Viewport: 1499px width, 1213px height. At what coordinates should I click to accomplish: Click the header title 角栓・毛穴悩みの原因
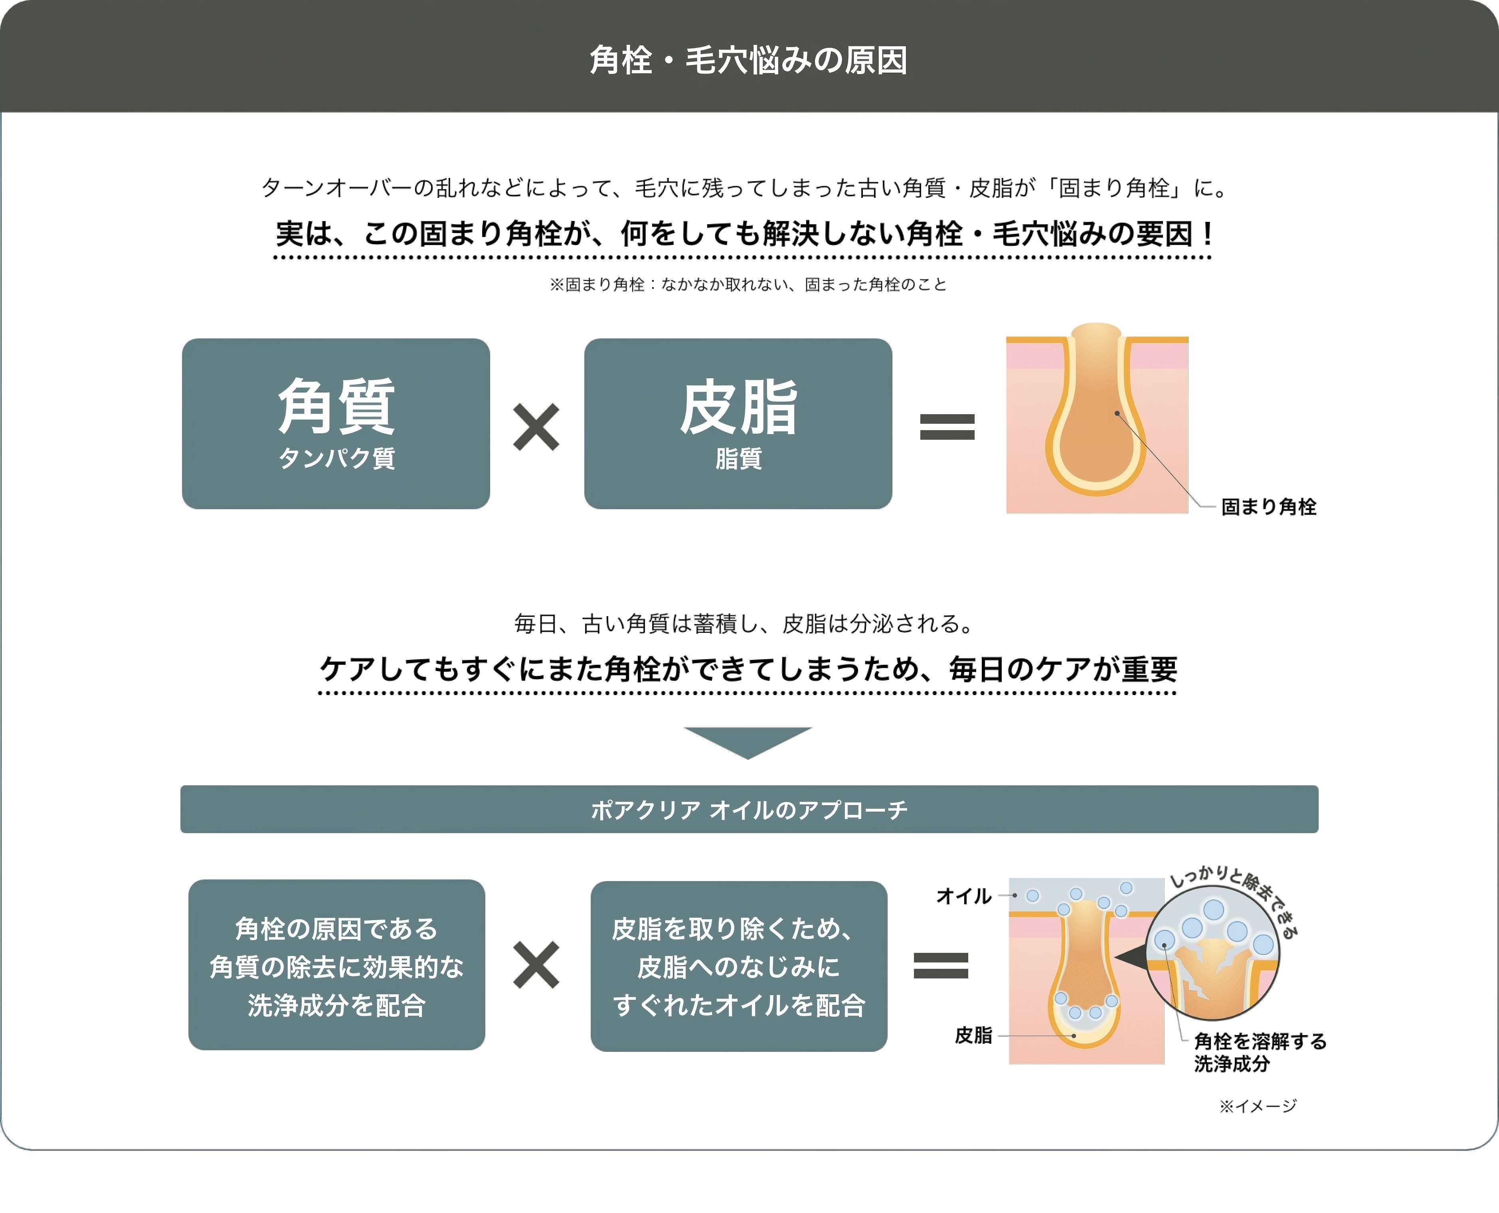748,60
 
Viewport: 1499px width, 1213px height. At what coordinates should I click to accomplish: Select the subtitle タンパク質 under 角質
336,458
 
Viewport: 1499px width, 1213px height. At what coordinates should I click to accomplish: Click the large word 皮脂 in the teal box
738,407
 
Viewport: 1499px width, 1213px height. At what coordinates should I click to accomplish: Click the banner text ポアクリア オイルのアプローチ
748,810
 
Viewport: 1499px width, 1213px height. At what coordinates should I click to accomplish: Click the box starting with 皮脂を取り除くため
739,966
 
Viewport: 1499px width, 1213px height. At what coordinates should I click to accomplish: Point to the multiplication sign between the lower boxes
536,965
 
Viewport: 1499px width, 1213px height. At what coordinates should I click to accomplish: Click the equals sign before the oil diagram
941,966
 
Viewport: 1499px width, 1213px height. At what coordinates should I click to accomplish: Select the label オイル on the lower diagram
963,896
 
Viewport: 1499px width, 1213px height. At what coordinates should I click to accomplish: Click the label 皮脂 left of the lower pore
973,1035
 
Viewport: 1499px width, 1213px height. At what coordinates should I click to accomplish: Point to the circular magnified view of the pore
1212,952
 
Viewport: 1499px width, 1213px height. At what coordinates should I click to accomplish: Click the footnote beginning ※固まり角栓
748,284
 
